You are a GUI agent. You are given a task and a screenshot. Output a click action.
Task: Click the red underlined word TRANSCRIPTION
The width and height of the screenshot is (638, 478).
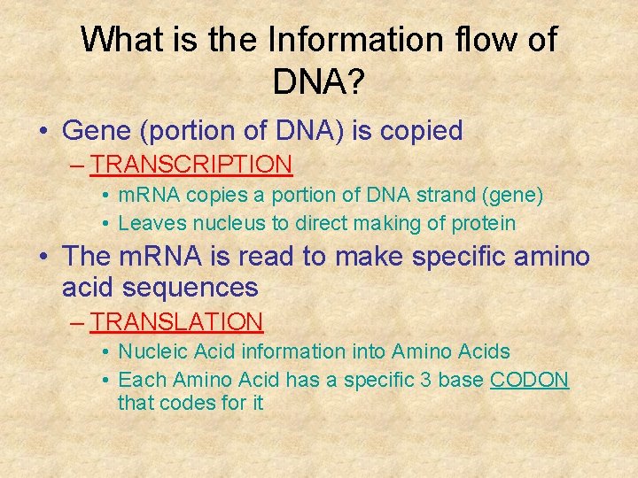(191, 165)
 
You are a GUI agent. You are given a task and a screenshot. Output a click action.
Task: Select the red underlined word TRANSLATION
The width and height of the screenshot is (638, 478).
(177, 322)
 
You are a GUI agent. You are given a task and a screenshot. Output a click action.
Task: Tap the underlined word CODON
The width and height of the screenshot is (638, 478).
(529, 380)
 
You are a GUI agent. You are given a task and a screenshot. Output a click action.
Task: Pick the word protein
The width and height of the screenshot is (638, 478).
(484, 223)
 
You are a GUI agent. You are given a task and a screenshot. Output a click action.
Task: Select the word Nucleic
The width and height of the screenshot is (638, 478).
(152, 351)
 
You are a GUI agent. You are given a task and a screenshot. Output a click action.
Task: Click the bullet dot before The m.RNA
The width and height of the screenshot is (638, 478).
(43, 258)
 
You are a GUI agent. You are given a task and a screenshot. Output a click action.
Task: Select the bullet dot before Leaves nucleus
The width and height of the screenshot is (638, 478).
(105, 224)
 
